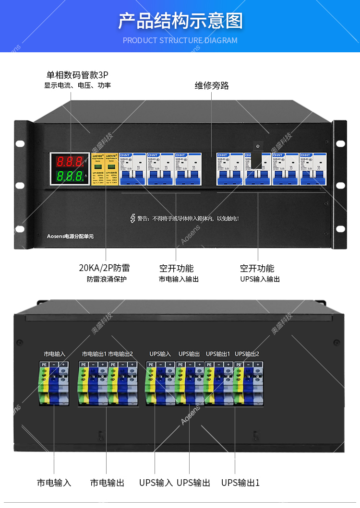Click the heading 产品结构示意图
coord(180,21)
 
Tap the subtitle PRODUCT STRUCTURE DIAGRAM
coord(180,40)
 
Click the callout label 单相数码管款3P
coord(77,75)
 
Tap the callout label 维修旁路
coord(212,85)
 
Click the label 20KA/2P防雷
coord(104,268)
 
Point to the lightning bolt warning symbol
coord(133,218)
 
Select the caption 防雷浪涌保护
coord(107,279)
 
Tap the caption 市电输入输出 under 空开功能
coord(179,279)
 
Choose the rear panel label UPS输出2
coord(247,354)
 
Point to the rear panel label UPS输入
coord(160,354)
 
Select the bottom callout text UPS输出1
coord(240,483)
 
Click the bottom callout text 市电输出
coord(107,483)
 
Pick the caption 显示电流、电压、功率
coord(77,85)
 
